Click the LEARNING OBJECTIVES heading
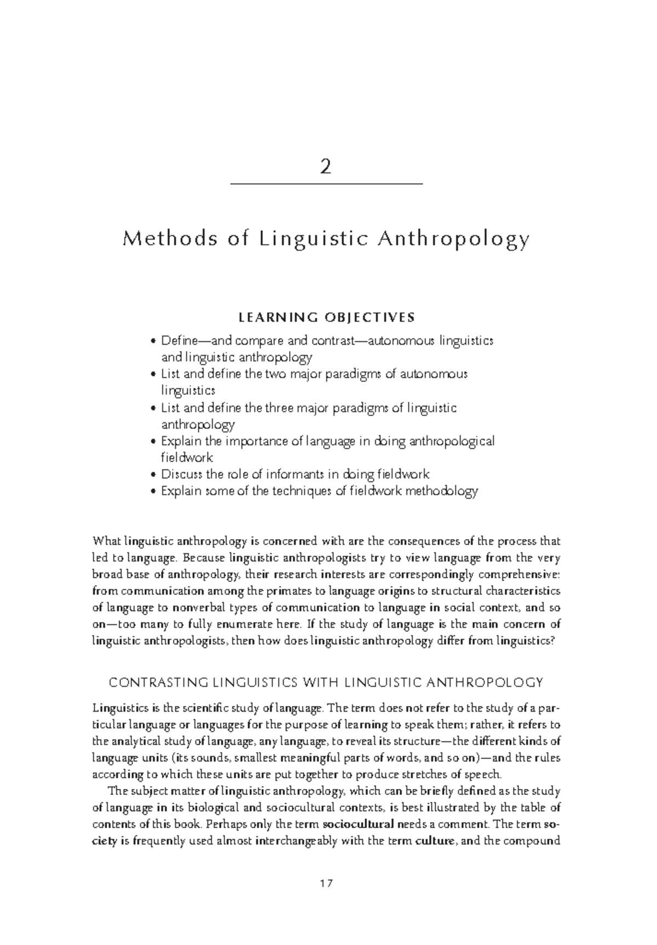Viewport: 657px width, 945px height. tap(327, 317)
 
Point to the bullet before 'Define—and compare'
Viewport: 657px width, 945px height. tap(153, 342)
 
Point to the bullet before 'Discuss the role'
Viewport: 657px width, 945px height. tap(153, 475)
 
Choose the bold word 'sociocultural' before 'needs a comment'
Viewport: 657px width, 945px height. tap(359, 824)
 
